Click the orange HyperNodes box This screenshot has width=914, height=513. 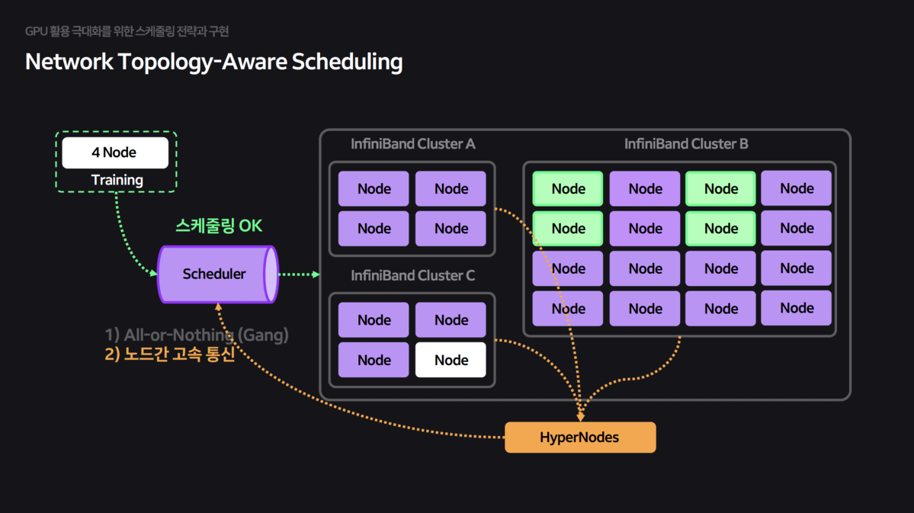click(x=579, y=438)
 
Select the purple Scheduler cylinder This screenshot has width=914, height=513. click(x=216, y=274)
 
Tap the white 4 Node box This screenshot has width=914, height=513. click(x=114, y=152)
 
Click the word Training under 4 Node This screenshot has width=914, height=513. click(x=117, y=180)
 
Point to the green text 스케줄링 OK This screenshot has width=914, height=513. click(x=219, y=226)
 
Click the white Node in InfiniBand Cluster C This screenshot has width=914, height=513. click(x=451, y=360)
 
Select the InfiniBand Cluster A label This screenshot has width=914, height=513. click(x=412, y=144)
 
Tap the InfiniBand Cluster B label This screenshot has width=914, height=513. click(x=685, y=144)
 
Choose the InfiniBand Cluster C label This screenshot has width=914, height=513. click(x=412, y=275)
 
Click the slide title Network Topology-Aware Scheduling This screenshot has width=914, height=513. click(x=213, y=62)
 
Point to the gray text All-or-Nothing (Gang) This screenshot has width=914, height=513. click(x=197, y=335)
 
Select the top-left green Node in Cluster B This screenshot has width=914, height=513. click(x=568, y=189)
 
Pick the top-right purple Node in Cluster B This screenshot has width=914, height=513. click(x=796, y=188)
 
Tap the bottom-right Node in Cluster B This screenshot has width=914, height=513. click(x=796, y=308)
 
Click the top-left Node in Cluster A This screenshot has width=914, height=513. click(x=374, y=189)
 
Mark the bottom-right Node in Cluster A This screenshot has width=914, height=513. click(x=451, y=229)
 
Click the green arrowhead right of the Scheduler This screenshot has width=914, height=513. click(x=316, y=274)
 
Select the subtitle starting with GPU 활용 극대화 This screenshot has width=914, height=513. click(x=127, y=31)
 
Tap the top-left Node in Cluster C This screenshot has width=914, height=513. click(x=374, y=320)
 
